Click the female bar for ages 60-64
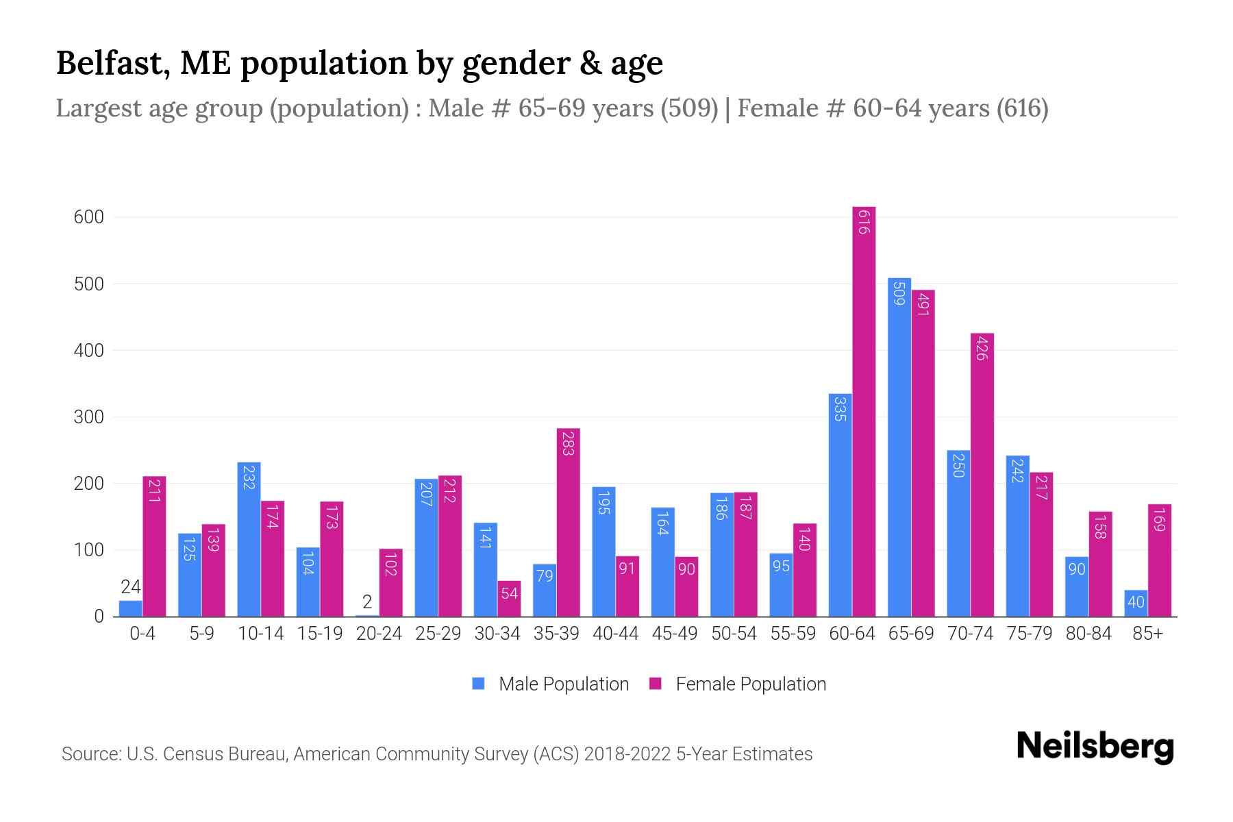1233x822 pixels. pyautogui.click(x=864, y=411)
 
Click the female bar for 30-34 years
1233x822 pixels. pyautogui.click(x=509, y=599)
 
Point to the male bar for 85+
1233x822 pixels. pyautogui.click(x=1136, y=603)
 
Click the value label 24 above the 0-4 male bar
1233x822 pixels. pyautogui.click(x=130, y=587)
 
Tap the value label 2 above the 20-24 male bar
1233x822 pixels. pyautogui.click(x=367, y=602)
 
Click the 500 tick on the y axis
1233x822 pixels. pyautogui.click(x=88, y=284)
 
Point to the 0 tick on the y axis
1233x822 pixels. pyautogui.click(x=99, y=616)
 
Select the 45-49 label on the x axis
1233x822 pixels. pyautogui.click(x=675, y=634)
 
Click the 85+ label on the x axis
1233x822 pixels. pyautogui.click(x=1147, y=634)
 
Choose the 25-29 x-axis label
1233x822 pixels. pyautogui.click(x=438, y=634)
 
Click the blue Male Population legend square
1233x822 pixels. pyautogui.click(x=478, y=684)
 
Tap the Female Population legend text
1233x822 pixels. pyautogui.click(x=751, y=684)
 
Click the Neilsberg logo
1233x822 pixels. pyautogui.click(x=1095, y=746)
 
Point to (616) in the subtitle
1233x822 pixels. pyautogui.click(x=1022, y=108)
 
